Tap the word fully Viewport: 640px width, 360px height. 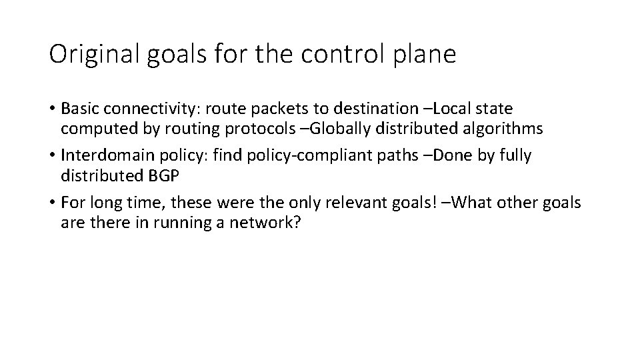pos(515,156)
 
